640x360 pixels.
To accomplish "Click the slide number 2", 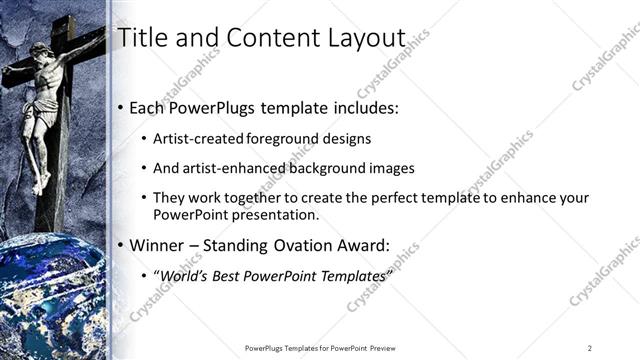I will pos(590,347).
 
